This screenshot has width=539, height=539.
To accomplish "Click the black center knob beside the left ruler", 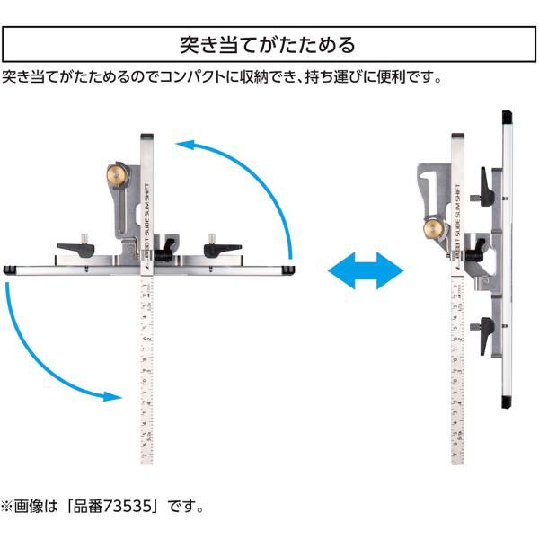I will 166,254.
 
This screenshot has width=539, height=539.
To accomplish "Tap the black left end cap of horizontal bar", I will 8,269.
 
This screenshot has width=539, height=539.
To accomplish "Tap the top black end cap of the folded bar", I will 507,117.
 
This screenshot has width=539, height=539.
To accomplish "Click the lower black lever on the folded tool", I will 485,330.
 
